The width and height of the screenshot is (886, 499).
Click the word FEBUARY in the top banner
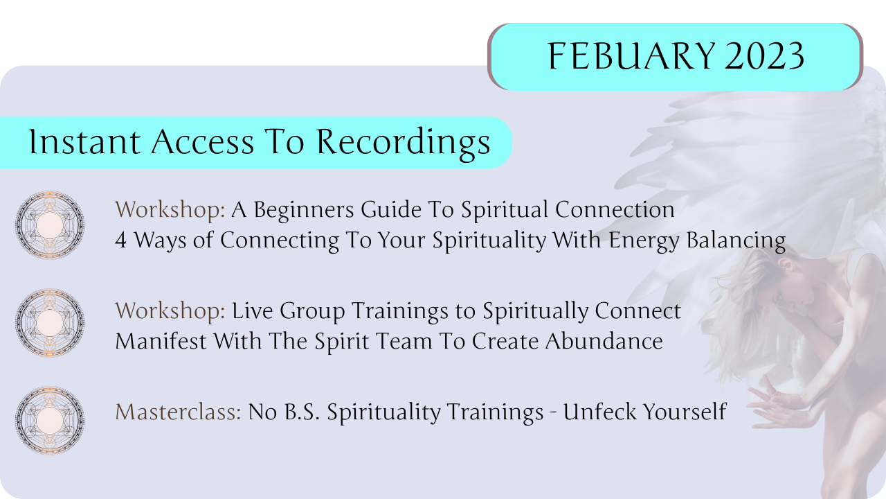point(631,56)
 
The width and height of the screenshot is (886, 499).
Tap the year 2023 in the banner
point(765,56)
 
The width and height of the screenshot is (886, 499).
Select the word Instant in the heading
point(84,141)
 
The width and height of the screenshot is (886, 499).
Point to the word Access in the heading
point(203,142)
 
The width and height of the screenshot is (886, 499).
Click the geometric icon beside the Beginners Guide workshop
point(50,225)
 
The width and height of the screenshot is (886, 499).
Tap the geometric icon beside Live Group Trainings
point(50,322)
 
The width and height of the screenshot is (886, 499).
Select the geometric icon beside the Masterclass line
point(50,420)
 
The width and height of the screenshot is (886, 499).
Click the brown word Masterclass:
point(178,412)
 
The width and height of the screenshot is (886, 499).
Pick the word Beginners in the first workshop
point(304,211)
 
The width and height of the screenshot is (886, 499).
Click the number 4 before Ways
point(120,240)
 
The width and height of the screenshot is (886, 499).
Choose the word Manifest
point(161,341)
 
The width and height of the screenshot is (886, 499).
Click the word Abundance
point(604,341)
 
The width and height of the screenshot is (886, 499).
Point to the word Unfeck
point(599,412)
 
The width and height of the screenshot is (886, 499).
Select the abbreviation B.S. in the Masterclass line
point(302,412)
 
